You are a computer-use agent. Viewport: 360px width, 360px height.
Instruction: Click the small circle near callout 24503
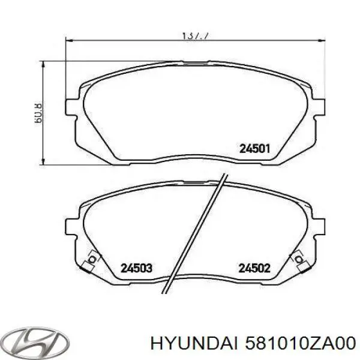pyautogui.click(x=92, y=260)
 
